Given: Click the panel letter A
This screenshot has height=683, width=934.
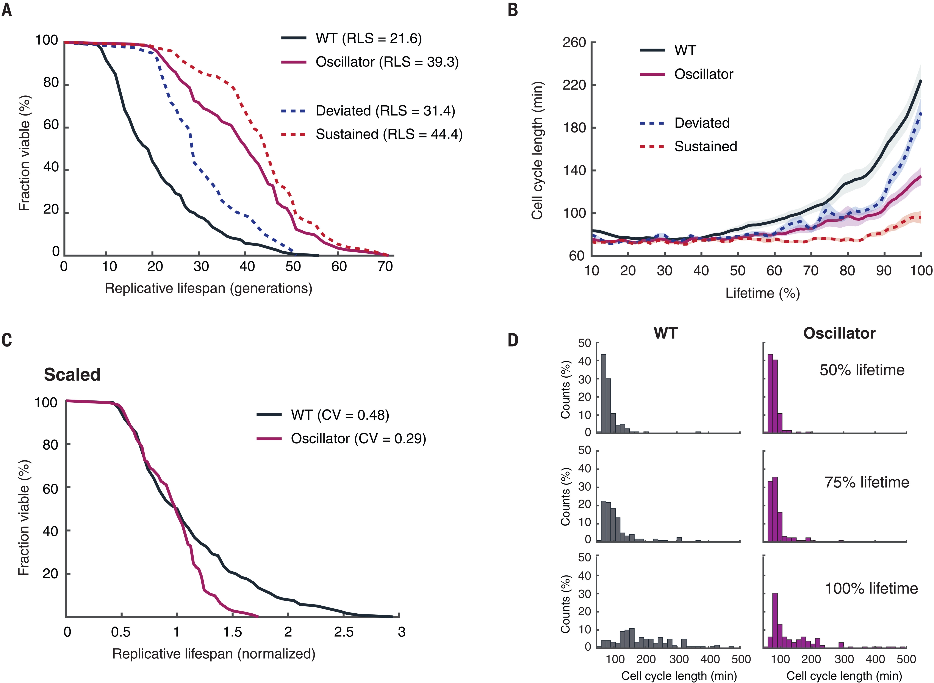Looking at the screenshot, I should [7, 10].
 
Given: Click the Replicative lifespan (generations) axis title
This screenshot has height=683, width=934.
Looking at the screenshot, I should [208, 288].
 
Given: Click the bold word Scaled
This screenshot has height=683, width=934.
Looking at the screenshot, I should [72, 375].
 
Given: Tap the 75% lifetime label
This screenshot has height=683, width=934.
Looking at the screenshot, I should [867, 483].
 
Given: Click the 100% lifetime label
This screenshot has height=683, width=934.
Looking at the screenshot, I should [871, 588].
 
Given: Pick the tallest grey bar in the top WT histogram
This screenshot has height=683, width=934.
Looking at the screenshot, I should [603, 393].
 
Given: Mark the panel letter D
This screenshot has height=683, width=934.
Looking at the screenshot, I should [513, 340].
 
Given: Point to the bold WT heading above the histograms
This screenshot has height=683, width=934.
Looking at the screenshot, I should [665, 333].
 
